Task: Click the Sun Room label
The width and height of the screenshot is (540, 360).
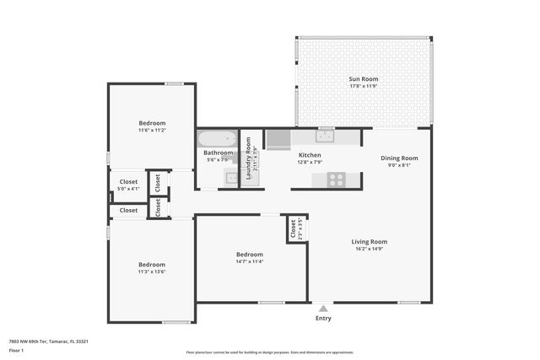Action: pos(362,79)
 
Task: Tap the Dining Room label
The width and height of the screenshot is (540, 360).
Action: pos(399,158)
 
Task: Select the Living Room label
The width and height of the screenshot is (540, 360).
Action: pos(369,241)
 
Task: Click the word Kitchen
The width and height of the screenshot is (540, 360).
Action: pos(310,155)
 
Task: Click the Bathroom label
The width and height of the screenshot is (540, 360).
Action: pos(218,153)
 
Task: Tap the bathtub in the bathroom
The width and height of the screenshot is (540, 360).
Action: pos(218,138)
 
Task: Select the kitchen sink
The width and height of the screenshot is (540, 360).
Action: pos(325,135)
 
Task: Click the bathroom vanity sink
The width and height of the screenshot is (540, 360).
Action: pos(230,176)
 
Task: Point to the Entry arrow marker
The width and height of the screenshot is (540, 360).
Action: pos(323,308)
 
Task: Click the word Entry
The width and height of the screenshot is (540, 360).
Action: pos(323,318)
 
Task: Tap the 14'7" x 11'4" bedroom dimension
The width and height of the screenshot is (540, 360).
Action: pos(250,261)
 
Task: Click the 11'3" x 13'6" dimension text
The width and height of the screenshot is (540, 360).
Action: pos(152,271)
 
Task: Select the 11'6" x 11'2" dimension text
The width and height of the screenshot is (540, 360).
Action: pos(152,131)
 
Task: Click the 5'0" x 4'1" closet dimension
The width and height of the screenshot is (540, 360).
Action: pos(128,189)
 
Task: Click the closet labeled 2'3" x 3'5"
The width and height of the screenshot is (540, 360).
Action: pos(295,228)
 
